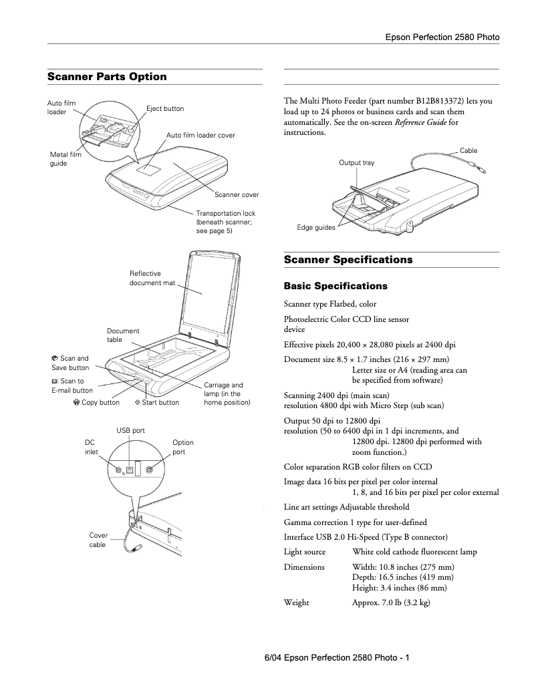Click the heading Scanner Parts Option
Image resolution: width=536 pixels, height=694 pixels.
(107, 77)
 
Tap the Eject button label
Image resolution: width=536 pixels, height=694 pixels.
(165, 108)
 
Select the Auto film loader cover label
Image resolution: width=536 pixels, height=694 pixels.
(200, 135)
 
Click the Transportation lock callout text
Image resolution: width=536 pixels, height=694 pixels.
(225, 222)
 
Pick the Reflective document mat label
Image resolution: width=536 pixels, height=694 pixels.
(152, 278)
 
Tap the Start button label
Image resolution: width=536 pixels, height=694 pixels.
(157, 403)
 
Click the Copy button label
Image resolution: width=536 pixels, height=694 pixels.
(97, 403)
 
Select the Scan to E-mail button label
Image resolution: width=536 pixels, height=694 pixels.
(72, 385)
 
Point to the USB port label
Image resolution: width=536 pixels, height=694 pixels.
(130, 431)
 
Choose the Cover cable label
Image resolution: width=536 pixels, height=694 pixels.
(98, 540)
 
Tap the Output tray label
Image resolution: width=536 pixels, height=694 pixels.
(356, 163)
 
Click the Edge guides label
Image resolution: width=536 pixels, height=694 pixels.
(316, 228)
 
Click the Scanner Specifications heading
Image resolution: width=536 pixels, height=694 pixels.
(348, 260)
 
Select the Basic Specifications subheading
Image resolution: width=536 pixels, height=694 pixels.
(336, 286)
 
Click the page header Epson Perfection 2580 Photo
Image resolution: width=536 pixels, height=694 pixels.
(442, 37)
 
